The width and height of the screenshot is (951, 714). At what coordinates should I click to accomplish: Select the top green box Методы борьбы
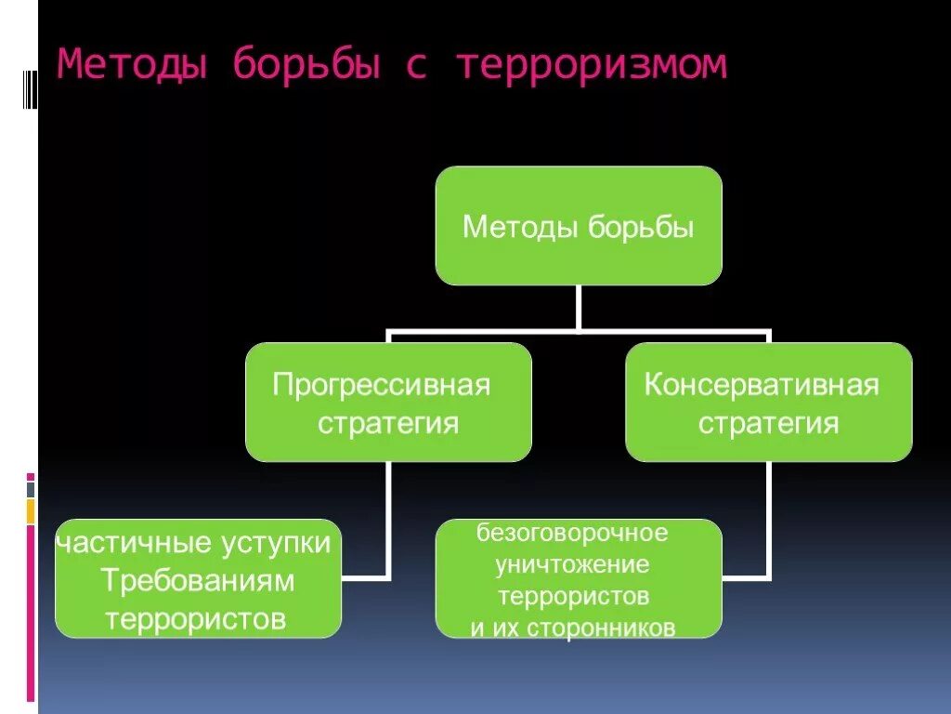579,226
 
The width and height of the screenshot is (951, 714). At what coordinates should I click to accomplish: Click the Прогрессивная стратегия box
388,403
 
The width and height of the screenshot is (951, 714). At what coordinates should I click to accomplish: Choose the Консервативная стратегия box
768,403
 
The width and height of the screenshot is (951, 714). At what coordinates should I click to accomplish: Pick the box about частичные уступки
197,578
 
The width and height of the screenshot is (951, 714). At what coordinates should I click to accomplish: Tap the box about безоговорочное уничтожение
579,578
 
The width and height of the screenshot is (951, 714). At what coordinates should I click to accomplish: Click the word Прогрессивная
381,385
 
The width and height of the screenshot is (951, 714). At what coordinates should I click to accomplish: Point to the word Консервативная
762,385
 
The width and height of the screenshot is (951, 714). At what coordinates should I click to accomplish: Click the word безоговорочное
573,534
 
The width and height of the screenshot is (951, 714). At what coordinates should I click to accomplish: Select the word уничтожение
573,564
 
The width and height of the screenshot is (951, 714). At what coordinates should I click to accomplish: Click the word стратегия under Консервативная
768,423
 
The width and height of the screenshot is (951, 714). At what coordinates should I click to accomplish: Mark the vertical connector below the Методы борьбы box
579,307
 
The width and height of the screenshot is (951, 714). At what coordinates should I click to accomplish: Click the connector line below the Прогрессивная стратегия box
387,521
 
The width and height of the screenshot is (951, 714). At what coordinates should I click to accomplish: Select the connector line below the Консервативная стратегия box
768,521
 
